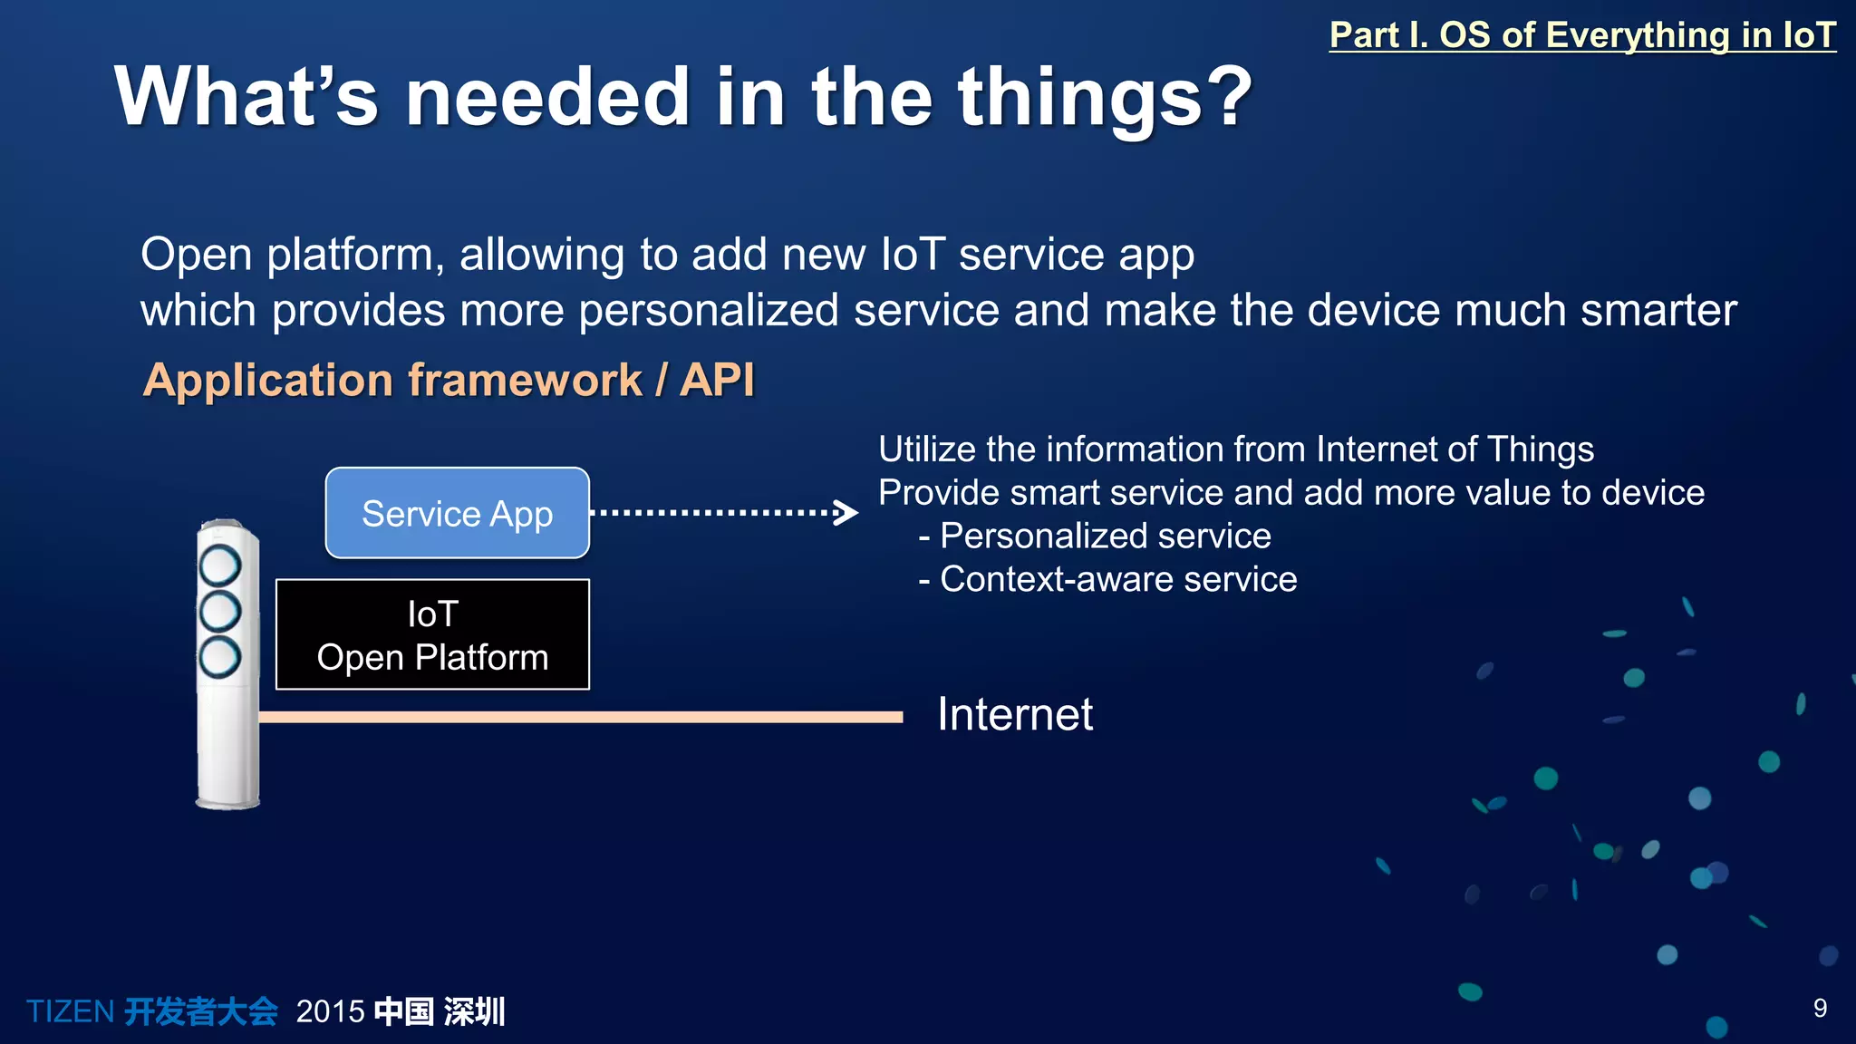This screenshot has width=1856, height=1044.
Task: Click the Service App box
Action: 457,513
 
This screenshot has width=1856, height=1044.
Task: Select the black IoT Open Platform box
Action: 432,634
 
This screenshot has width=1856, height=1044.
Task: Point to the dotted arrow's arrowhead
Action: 847,513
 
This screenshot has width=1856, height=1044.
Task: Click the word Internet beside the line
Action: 1014,714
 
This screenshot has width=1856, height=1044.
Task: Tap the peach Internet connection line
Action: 580,717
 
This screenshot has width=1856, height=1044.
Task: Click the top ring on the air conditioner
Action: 219,565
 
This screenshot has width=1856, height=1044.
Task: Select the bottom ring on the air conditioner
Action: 219,657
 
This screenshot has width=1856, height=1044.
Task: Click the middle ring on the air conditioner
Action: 219,611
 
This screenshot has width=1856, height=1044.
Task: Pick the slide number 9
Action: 1820,1008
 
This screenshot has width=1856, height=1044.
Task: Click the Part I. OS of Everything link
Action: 1581,35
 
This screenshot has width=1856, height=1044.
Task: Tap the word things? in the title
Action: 1105,97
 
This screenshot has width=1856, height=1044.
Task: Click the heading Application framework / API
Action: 449,380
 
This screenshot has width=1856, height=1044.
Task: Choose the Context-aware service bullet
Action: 1116,579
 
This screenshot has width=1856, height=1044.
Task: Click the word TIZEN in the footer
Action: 70,1011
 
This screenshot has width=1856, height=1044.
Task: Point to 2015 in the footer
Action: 330,1011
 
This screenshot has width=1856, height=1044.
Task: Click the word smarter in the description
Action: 1658,310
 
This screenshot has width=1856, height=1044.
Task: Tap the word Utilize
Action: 926,449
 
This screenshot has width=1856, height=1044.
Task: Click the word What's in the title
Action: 246,97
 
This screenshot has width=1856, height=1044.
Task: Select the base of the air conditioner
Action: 227,797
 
